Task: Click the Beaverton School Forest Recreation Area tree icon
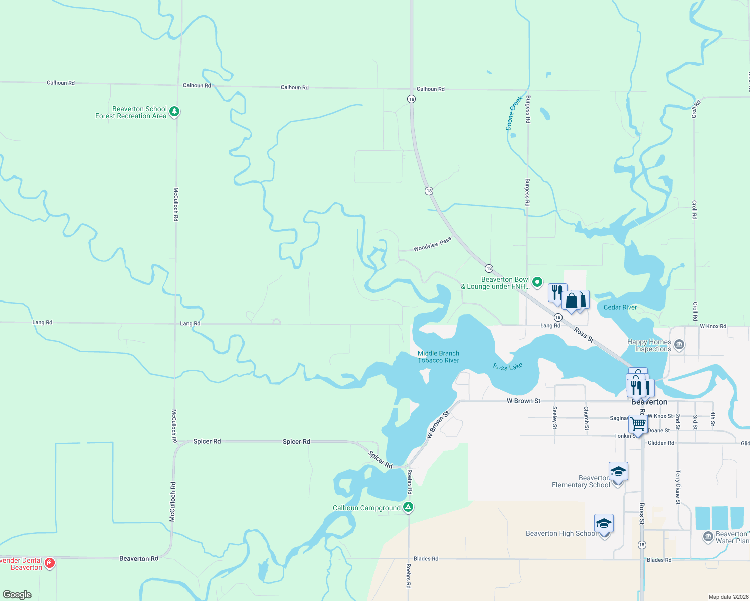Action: tap(174, 111)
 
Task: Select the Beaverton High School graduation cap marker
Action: tap(604, 524)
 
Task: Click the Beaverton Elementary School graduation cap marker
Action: tap(618, 472)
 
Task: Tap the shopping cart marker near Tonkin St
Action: tap(638, 424)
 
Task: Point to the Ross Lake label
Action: tap(508, 367)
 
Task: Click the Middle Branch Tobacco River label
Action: tap(438, 357)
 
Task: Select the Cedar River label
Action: tap(620, 307)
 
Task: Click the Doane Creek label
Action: tap(514, 113)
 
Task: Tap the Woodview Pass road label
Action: tap(432, 245)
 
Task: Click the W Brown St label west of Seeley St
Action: tap(523, 401)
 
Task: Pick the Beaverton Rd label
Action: tap(139, 558)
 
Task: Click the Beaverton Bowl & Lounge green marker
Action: tap(537, 282)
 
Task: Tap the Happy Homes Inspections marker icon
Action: tap(679, 344)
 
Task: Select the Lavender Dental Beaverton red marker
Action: tap(50, 563)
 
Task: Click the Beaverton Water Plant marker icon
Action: tap(708, 537)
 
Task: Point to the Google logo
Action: tap(17, 595)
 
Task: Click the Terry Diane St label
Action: tap(678, 487)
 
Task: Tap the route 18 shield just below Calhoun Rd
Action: tap(411, 99)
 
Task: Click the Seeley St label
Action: tap(555, 418)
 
